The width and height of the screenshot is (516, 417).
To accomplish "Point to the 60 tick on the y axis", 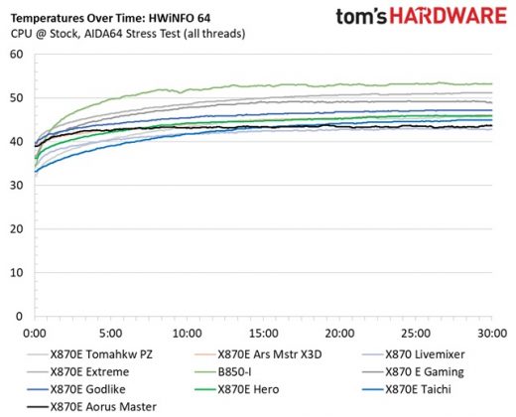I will tap(16, 55).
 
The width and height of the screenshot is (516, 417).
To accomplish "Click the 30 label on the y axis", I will tap(16, 185).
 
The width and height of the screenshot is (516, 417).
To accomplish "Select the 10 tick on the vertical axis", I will tap(16, 271).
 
